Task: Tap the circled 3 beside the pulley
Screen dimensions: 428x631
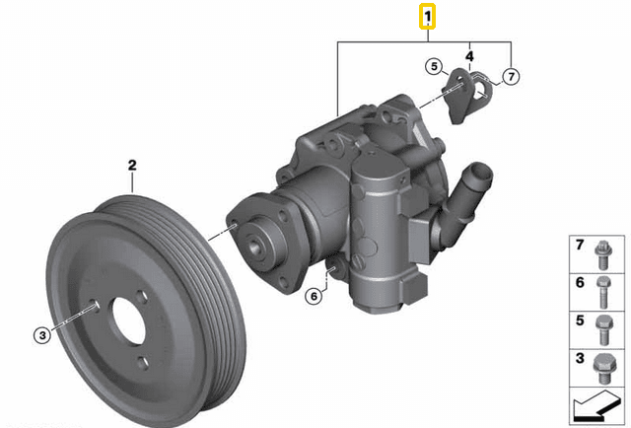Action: tap(41, 335)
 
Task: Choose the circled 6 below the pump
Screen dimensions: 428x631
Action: tap(314, 294)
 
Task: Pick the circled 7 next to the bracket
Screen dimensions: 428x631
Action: tap(510, 76)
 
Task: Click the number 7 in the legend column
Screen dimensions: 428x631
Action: tap(581, 245)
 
